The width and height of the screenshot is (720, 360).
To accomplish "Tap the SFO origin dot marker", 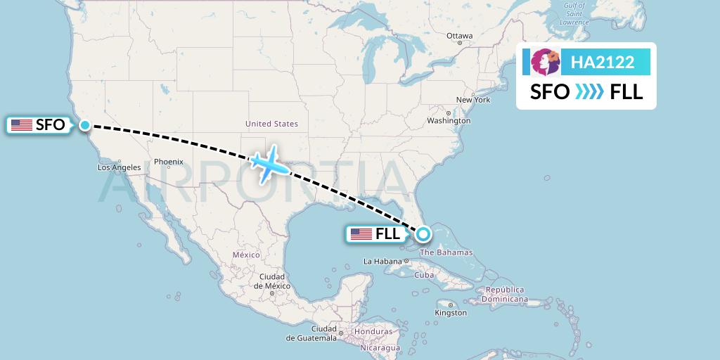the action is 84,125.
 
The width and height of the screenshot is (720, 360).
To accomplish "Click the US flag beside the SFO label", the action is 21,125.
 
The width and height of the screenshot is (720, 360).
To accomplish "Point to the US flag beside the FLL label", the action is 361,234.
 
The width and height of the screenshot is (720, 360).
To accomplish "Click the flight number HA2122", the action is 603,63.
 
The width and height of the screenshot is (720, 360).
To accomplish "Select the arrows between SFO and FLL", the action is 589,92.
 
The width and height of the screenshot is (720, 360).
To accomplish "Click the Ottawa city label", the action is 459,36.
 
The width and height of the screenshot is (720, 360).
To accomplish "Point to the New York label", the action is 472,100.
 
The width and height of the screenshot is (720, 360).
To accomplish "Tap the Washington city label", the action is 448,121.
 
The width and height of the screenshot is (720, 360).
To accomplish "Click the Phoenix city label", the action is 169,162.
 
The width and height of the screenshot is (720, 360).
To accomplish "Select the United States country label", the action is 271,124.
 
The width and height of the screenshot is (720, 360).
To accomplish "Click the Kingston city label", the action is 451,313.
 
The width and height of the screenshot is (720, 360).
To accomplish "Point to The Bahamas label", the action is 446,252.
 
